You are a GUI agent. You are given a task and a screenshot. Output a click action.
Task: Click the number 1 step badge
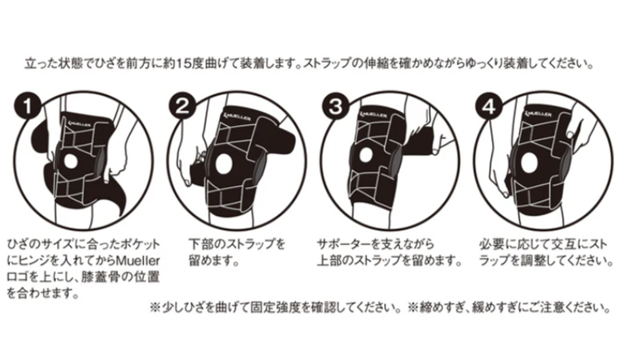(x=31, y=106)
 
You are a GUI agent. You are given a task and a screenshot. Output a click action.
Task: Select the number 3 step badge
(x=335, y=106)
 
